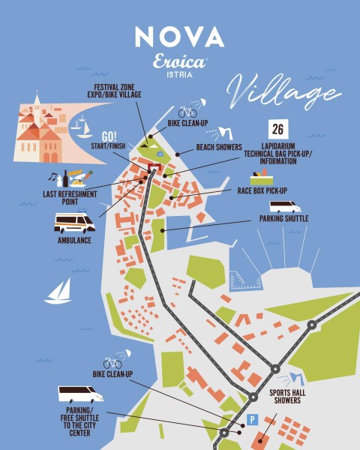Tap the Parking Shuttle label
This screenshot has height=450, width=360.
(283, 219)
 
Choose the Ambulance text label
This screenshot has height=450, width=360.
(73, 240)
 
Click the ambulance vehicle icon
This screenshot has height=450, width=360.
(74, 223)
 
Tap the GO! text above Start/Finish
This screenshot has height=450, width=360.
(110, 135)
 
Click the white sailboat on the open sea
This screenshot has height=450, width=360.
(58, 291)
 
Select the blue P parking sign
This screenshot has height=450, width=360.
(253, 420)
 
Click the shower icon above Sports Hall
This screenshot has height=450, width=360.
(297, 377)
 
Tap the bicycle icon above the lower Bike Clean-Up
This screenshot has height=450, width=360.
(112, 363)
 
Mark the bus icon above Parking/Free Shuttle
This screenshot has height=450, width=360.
(80, 394)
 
